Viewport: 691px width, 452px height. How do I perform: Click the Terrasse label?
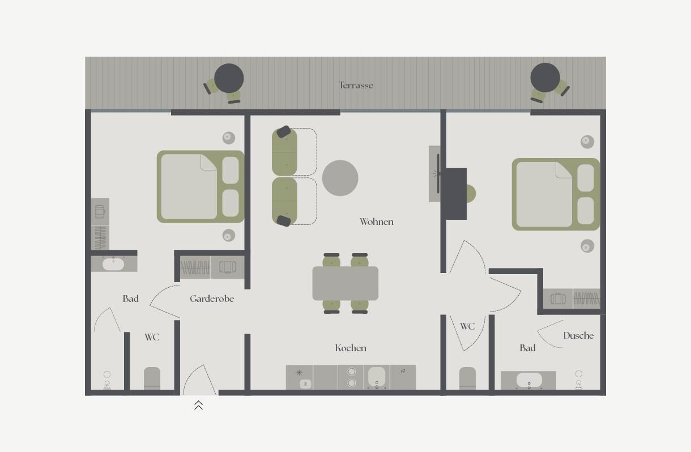click(x=356, y=85)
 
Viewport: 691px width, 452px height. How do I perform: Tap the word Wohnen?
click(x=376, y=221)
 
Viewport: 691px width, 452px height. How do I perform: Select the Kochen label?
click(x=351, y=348)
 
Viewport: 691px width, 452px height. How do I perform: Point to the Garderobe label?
click(x=212, y=299)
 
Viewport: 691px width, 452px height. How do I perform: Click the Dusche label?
click(x=578, y=335)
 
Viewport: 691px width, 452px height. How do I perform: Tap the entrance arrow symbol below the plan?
click(x=198, y=405)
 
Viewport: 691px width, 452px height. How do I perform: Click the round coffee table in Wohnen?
click(x=340, y=178)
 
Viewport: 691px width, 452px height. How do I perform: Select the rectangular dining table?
click(x=345, y=283)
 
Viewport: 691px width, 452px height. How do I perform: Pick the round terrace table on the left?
click(x=229, y=78)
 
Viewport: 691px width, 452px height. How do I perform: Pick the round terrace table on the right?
click(x=545, y=78)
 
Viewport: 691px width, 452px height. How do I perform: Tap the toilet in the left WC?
click(x=152, y=378)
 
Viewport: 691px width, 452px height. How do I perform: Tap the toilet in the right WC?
click(x=467, y=378)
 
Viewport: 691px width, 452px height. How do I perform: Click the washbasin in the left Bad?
click(x=113, y=264)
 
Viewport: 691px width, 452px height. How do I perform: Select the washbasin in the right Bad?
click(x=529, y=380)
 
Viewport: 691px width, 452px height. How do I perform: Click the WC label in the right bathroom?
click(x=467, y=326)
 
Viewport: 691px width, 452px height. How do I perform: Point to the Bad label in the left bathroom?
click(x=130, y=299)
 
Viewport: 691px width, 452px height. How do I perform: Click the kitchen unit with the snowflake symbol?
click(x=299, y=377)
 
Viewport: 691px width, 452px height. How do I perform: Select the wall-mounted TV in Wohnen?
click(x=438, y=174)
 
